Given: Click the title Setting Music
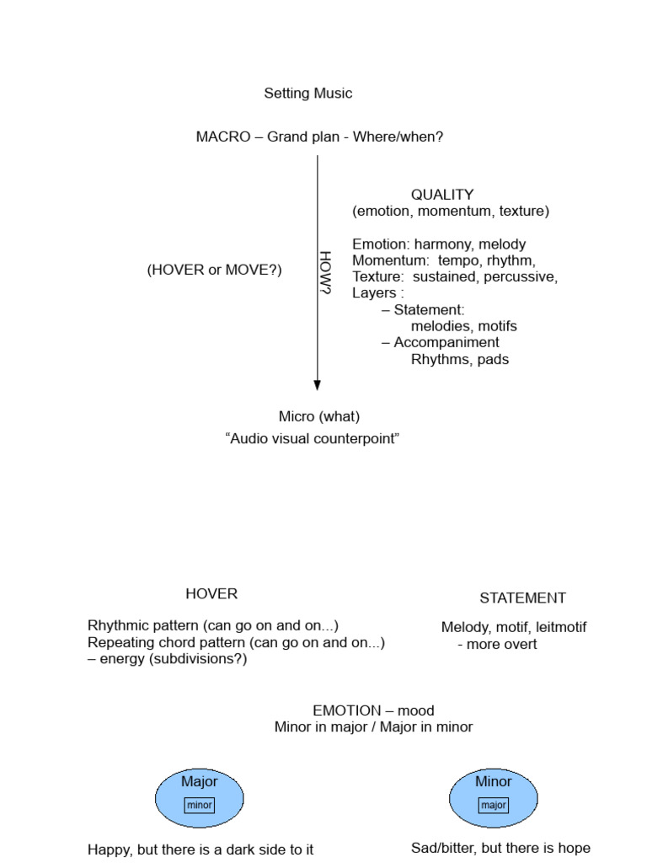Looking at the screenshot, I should [x=308, y=94].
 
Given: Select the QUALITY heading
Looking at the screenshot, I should [x=442, y=195].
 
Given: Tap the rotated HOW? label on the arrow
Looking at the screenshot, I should [x=326, y=273].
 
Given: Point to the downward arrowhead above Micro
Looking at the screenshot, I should [x=318, y=384].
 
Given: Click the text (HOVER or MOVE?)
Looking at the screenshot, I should [x=214, y=270].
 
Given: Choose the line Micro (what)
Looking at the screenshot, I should [x=319, y=416].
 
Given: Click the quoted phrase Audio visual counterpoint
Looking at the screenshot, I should [x=312, y=439].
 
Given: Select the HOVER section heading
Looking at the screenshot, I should [x=211, y=593].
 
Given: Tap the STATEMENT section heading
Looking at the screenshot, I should [x=522, y=598].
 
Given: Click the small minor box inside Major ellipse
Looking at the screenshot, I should [x=200, y=805].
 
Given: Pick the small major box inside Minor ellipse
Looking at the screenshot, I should [x=494, y=805].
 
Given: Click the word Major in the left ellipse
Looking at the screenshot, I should [x=200, y=781].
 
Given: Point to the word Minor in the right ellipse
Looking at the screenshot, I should [x=494, y=781].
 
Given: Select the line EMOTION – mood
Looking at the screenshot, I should [x=373, y=710].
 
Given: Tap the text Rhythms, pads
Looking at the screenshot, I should [x=460, y=359].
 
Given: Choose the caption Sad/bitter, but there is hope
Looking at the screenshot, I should [x=500, y=848].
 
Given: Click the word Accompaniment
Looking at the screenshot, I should [x=446, y=342].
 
